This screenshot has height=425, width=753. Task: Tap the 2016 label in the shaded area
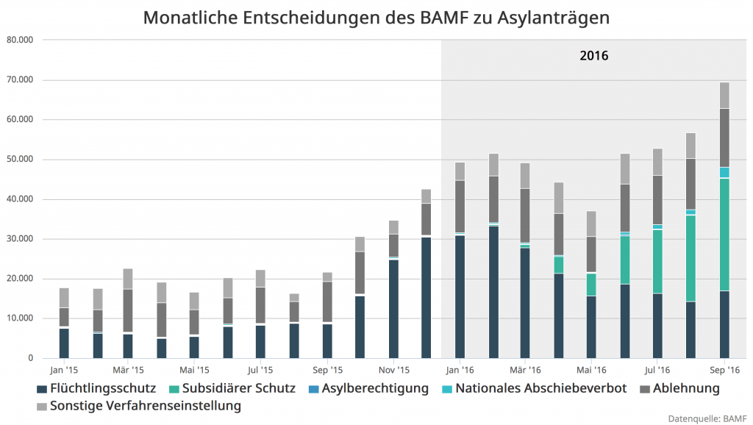click(x=594, y=55)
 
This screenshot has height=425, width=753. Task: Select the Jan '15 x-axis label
click(x=64, y=370)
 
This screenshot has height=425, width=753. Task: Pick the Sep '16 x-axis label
click(x=724, y=370)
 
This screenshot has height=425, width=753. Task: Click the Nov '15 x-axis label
click(x=394, y=370)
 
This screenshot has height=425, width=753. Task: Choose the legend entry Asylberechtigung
click(x=375, y=387)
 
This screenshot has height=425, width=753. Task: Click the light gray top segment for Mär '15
click(x=127, y=279)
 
